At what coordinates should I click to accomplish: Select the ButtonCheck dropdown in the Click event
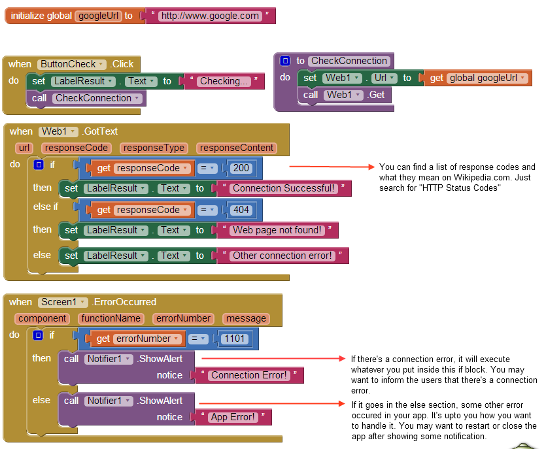[72, 64]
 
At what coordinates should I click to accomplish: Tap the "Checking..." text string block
[224, 81]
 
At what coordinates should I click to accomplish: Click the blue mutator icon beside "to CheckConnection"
[285, 61]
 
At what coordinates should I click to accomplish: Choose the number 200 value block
[241, 168]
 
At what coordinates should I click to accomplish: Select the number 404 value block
[241, 210]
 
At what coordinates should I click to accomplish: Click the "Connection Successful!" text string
[284, 188]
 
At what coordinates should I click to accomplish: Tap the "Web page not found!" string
[277, 230]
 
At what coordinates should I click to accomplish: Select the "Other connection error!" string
[282, 256]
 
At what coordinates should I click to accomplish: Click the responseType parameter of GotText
[154, 148]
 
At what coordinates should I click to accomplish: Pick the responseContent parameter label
[237, 148]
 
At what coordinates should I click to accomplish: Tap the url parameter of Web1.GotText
[25, 148]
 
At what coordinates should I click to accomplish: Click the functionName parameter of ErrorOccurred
[111, 318]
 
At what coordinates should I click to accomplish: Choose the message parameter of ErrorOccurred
[246, 318]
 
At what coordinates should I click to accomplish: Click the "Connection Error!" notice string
[249, 375]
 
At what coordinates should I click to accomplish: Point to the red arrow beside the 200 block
[331, 169]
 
